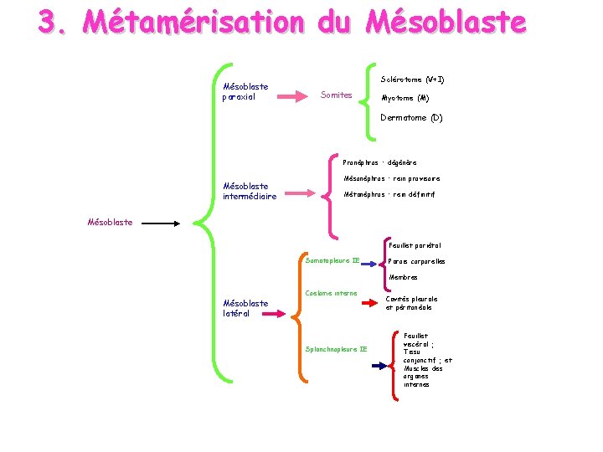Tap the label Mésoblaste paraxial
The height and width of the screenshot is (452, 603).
241,91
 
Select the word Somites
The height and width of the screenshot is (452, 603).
337,95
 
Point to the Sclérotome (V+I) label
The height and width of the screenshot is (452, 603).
412,80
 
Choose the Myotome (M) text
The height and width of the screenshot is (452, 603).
405,99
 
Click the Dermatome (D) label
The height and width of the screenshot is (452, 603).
411,118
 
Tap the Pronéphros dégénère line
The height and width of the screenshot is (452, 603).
380,162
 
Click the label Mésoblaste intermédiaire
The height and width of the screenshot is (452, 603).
250,192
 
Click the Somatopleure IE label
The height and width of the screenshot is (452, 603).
332,261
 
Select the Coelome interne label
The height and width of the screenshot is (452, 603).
332,293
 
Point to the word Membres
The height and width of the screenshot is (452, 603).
403,277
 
